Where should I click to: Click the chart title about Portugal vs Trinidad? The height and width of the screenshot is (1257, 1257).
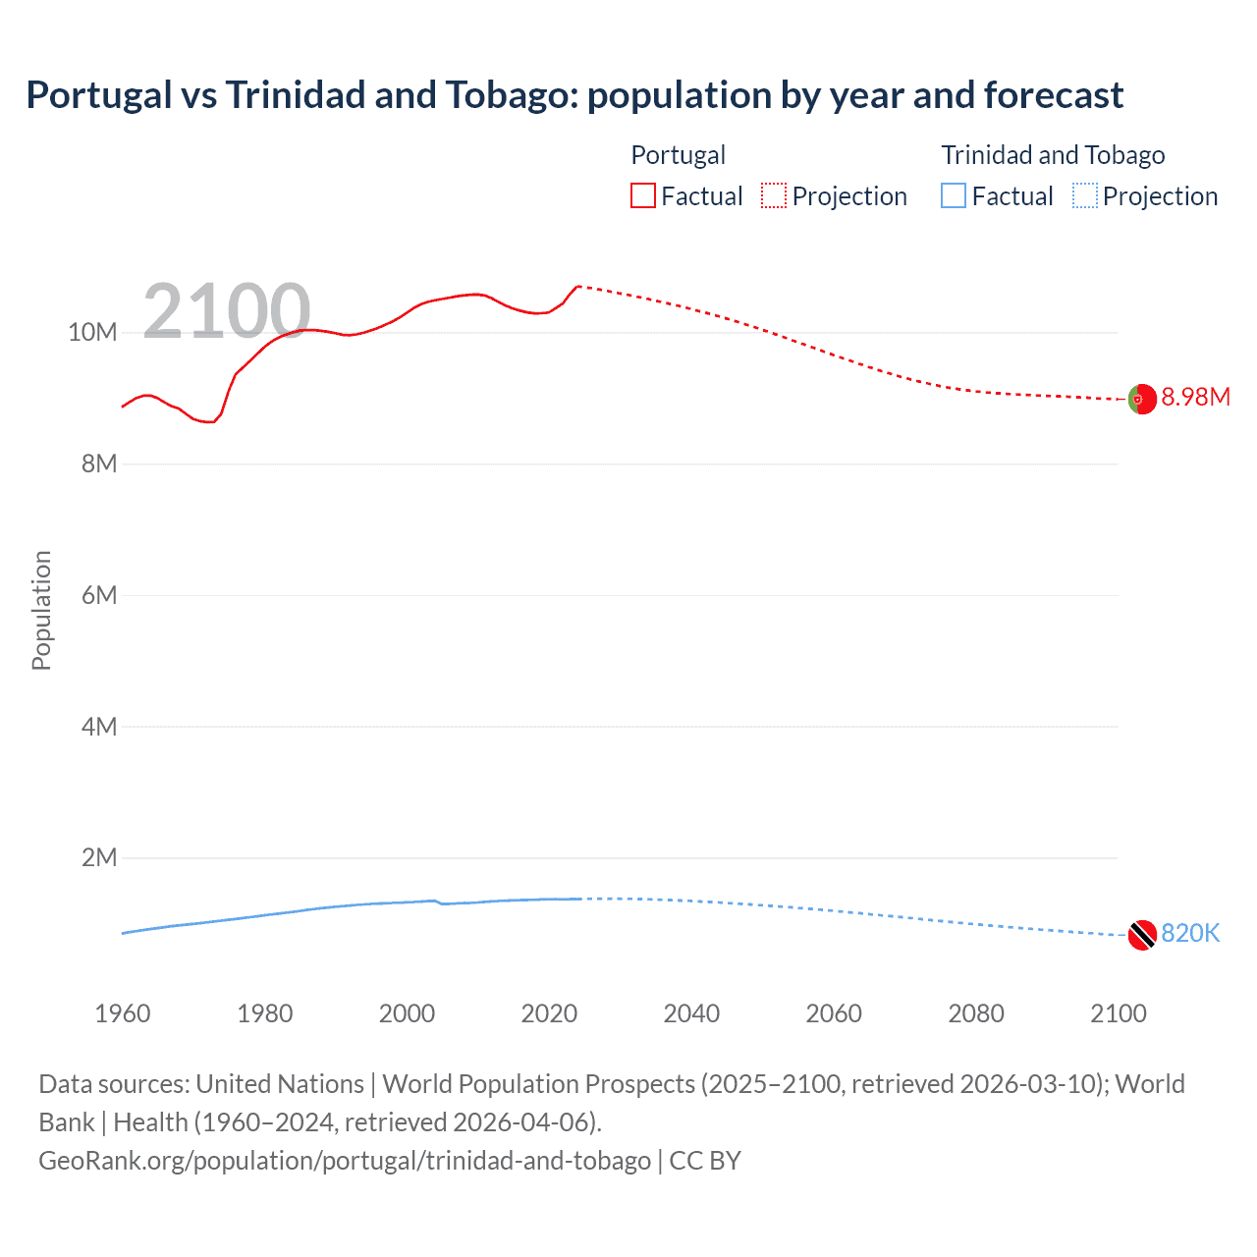(574, 95)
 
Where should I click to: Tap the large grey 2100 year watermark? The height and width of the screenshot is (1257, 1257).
(227, 312)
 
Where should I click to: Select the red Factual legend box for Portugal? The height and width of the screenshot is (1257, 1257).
(642, 196)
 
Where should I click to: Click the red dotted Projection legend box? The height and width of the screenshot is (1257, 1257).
(774, 196)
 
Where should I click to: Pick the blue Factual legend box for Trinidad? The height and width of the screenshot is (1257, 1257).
(954, 196)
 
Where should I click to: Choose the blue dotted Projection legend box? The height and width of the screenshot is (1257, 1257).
(1085, 196)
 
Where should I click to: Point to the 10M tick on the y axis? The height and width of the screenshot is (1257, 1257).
(92, 333)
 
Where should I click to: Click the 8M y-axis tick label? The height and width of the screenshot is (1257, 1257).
(98, 464)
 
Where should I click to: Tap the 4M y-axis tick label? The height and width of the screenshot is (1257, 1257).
(98, 727)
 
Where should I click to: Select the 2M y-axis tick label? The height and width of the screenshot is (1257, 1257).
(98, 858)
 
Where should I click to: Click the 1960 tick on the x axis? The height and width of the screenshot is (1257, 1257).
(123, 1013)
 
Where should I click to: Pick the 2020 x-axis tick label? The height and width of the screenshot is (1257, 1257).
(549, 1013)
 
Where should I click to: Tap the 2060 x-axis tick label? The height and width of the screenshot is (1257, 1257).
(834, 1013)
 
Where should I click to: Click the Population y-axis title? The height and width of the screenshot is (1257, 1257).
(41, 610)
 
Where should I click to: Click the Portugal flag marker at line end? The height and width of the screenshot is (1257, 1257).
(1142, 400)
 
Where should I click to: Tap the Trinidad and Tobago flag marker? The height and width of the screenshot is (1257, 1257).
(1142, 935)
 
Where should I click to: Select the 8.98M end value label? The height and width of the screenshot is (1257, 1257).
(1195, 398)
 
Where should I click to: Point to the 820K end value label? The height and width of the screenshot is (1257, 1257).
(1190, 934)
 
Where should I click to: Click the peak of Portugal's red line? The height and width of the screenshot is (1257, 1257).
(578, 287)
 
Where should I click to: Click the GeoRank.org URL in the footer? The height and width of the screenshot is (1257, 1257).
(345, 1161)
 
